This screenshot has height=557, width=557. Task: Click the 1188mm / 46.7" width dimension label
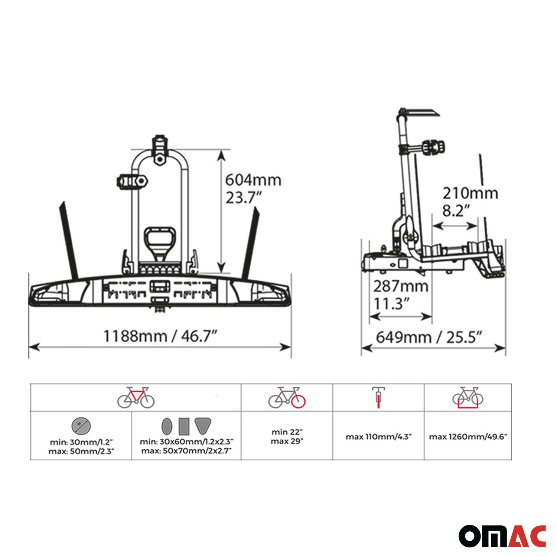pos(160,336)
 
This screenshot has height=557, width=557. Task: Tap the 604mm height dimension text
pos(253,180)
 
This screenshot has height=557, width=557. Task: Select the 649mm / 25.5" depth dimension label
pos(429,338)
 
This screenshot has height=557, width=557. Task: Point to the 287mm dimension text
pos(401,286)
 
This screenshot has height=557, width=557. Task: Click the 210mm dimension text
pos(470,193)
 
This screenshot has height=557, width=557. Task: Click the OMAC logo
pos(502,536)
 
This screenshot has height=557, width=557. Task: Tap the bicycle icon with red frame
pos(136,398)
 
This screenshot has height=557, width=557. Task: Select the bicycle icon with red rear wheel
pos(287,398)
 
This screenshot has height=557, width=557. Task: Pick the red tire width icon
pos(378,398)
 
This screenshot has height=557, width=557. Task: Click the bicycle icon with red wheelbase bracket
pos(468,398)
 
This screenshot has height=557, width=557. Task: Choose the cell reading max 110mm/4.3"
pos(378,437)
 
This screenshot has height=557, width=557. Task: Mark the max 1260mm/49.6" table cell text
pos(468,437)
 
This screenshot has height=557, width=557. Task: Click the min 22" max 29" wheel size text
pos(287,437)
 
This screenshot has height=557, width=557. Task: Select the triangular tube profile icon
pos(203,426)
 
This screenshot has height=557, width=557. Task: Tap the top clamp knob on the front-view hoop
pos(160,143)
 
